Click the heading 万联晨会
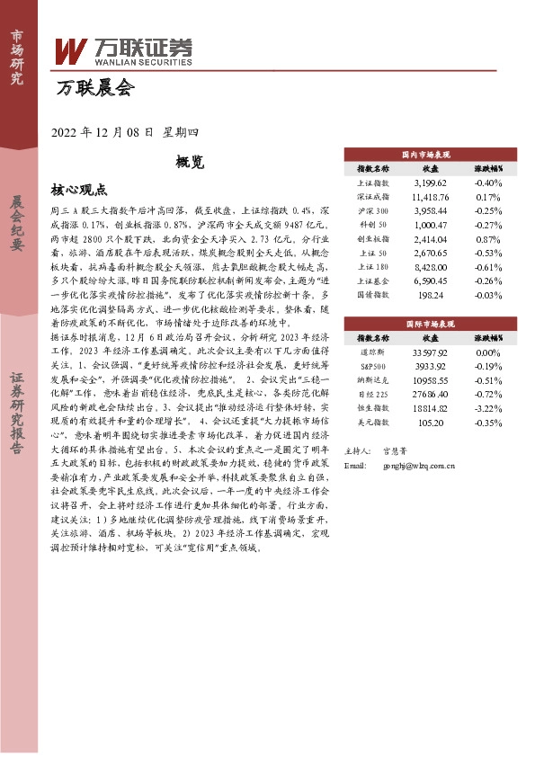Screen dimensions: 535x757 click(94, 88)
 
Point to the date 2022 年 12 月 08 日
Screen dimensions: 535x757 click(104, 132)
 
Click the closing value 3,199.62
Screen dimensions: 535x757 click(430, 183)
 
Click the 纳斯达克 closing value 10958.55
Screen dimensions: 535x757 click(430, 380)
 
